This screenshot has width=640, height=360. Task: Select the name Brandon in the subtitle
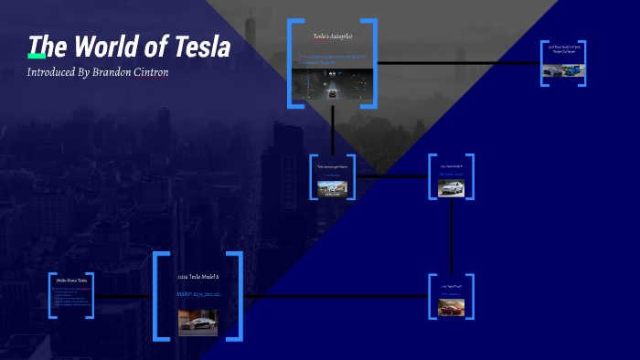120,72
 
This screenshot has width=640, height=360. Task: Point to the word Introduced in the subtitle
57,72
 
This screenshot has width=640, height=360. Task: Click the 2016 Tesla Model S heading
197,276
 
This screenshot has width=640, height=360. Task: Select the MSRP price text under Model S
197,294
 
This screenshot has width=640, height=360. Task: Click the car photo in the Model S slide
197,323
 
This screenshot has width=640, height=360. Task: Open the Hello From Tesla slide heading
70,280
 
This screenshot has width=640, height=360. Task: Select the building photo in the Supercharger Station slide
332,187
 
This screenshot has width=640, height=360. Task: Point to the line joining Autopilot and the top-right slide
457,63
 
